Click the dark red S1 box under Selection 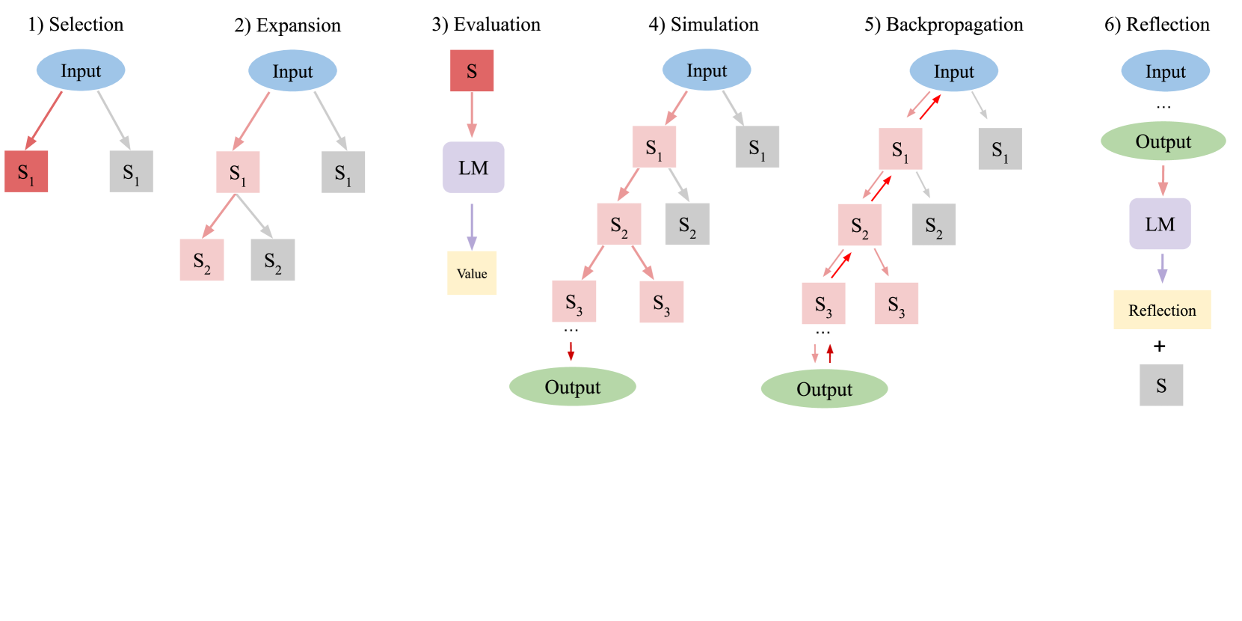coord(26,171)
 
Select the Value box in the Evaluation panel coord(472,273)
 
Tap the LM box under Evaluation coord(473,168)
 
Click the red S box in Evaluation coord(472,71)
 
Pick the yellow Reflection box coord(1162,310)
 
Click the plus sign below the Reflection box coord(1160,346)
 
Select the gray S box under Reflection coord(1161,385)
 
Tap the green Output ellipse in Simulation coord(573,387)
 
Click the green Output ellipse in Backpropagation coord(824,389)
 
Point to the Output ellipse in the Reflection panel coord(1163,141)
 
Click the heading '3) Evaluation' coord(486,25)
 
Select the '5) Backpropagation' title coord(944,25)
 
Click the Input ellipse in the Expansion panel coord(292,71)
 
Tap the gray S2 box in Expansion coord(273,260)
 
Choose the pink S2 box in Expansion coord(202,260)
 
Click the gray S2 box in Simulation coord(687,224)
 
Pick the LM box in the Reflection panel coord(1160,224)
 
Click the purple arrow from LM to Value coord(472,226)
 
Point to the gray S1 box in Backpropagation coord(1000,149)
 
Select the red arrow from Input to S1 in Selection coord(44,120)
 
